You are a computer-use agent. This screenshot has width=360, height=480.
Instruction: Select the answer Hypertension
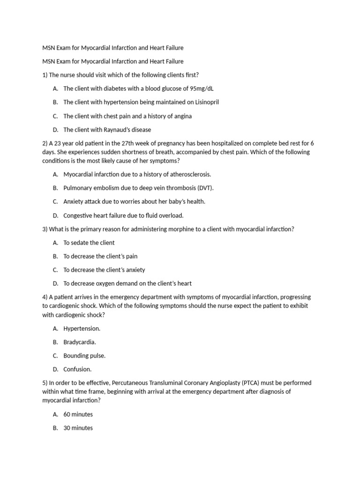[x=82, y=329]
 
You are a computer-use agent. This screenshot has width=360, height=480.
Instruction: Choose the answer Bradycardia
[x=80, y=342]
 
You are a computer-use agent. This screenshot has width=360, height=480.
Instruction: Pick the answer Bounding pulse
[x=84, y=356]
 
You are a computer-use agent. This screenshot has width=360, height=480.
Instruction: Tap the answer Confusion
[x=77, y=369]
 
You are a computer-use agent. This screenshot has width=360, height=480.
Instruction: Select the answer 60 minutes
[x=78, y=414]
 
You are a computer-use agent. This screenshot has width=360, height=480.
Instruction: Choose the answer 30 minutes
[x=78, y=428]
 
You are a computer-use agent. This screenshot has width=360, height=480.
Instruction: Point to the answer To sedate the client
[x=89, y=243]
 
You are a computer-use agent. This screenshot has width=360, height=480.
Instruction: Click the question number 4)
[x=45, y=297]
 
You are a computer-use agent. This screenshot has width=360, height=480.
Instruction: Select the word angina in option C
[x=182, y=116]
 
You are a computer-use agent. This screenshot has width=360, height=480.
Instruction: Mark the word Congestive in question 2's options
[x=78, y=216]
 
